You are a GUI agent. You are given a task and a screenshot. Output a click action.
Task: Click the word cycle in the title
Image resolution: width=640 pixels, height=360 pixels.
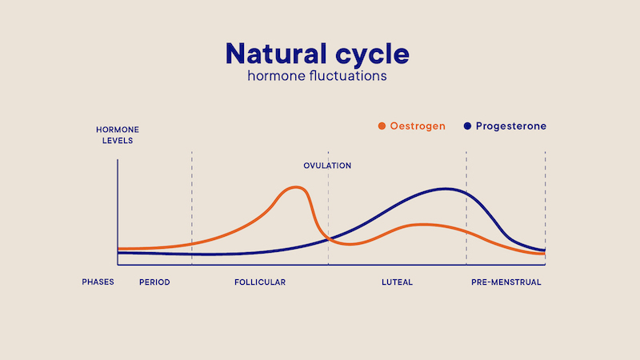tap(372, 55)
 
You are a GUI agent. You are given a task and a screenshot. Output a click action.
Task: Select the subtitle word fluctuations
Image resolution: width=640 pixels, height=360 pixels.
tap(348, 76)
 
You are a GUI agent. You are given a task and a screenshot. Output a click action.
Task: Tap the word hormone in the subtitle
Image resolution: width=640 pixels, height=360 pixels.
tap(276, 76)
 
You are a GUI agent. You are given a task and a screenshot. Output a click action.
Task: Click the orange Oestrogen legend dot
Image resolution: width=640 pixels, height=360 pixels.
tap(382, 126)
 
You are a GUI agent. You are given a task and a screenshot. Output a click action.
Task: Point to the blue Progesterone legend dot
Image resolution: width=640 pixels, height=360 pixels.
tap(467, 126)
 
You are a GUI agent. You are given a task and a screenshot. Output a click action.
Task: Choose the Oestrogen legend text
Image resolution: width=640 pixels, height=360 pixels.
tap(418, 126)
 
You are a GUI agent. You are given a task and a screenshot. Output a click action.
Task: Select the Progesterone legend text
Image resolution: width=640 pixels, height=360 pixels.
tap(511, 126)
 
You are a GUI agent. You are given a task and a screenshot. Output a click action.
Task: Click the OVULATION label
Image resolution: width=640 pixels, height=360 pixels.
tap(327, 166)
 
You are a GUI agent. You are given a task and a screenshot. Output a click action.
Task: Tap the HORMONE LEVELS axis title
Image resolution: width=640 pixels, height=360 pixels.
tap(118, 135)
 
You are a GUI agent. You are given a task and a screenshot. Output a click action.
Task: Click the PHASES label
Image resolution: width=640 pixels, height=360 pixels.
tap(98, 282)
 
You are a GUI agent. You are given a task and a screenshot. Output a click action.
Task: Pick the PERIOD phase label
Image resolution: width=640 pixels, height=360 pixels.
tap(154, 282)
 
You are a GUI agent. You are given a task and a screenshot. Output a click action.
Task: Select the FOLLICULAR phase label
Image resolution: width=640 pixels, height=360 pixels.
tap(260, 282)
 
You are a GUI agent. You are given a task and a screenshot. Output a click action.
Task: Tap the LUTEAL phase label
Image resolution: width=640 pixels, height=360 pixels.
tap(397, 282)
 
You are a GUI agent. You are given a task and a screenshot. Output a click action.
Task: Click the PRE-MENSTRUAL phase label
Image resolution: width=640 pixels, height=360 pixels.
tap(506, 282)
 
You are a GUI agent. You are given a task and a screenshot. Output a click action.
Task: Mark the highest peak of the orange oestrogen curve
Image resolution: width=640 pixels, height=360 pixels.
tap(296, 187)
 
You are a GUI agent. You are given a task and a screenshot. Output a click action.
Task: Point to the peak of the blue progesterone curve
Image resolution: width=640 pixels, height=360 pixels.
tap(446, 189)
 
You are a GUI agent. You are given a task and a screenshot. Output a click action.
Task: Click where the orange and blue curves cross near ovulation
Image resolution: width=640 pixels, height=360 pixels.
tap(329, 239)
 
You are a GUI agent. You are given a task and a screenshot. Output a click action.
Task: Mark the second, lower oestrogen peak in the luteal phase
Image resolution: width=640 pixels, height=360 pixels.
tap(423, 225)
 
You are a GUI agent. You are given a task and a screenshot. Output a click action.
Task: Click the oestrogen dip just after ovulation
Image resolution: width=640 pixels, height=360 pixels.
tap(350, 244)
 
